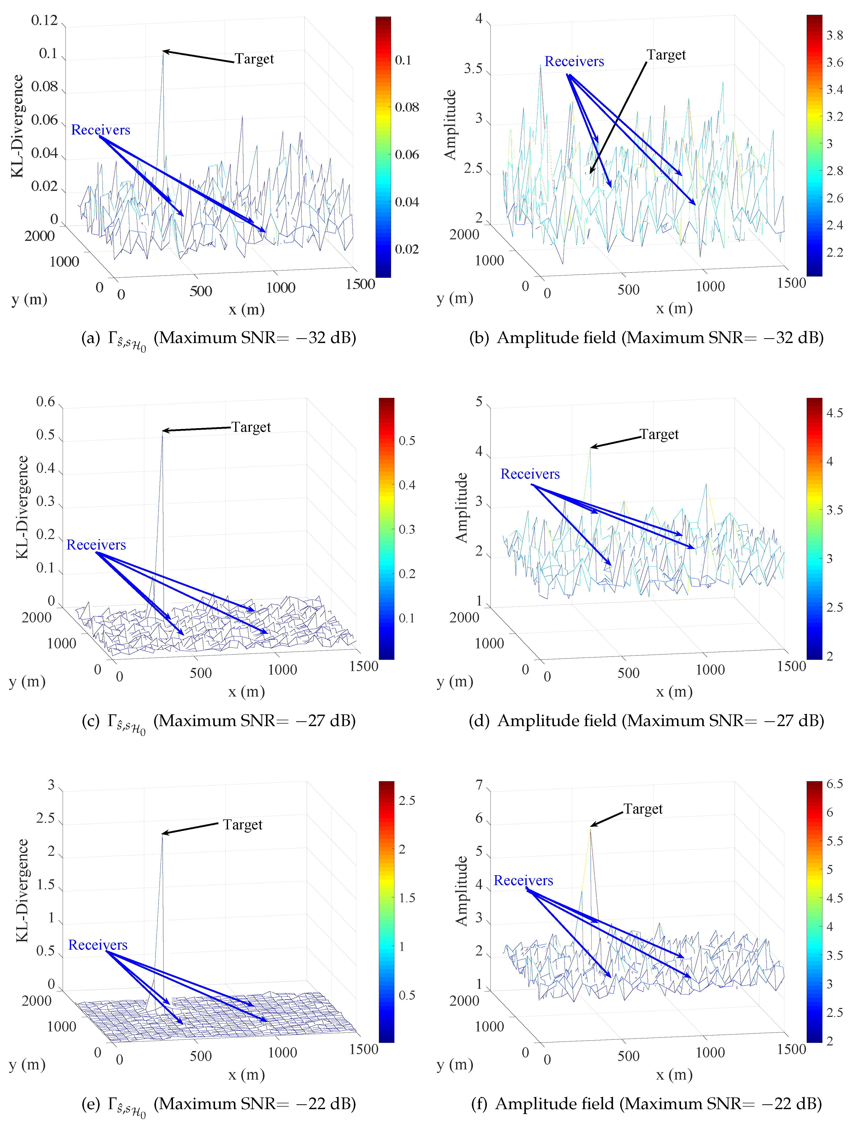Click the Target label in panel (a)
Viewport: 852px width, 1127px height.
254,59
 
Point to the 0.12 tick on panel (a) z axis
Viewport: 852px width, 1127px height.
45,20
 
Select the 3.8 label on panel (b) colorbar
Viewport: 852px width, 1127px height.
834,35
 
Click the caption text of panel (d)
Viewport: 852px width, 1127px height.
646,720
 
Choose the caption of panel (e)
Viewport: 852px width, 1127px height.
218,1104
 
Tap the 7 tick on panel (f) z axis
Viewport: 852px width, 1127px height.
479,785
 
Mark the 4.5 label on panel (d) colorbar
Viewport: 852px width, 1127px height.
834,413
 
